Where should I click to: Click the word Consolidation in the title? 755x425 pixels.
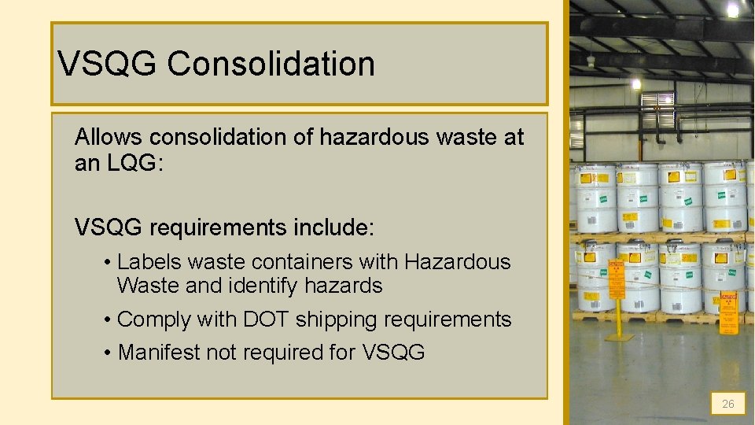click(271, 65)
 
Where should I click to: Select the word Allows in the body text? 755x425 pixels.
click(109, 137)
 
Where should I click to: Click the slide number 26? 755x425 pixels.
click(727, 404)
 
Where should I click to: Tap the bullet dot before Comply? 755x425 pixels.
click(107, 320)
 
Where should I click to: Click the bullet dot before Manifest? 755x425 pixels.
click(107, 353)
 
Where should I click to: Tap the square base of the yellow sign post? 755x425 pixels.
click(619, 337)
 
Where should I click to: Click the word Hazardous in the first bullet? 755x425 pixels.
click(458, 262)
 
